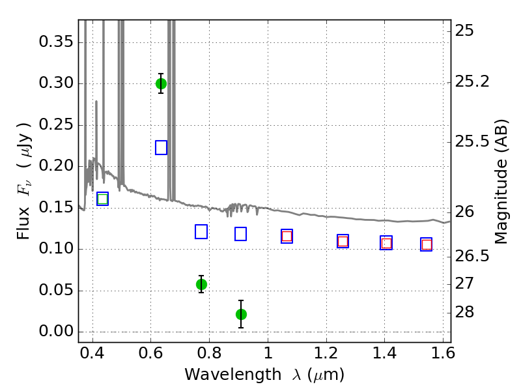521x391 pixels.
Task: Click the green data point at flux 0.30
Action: click(x=161, y=83)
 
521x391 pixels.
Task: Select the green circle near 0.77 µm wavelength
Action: click(x=201, y=284)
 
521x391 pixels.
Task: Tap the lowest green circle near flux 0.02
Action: click(x=241, y=314)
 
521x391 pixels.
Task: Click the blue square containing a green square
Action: click(x=103, y=199)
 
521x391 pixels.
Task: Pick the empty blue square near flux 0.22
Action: click(x=161, y=148)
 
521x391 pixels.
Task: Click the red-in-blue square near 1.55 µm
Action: click(x=427, y=244)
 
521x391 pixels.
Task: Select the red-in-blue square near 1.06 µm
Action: click(x=287, y=236)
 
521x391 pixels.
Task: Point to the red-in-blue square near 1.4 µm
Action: click(x=386, y=242)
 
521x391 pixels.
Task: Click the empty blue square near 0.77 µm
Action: click(x=201, y=232)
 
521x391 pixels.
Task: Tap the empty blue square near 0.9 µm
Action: click(x=240, y=234)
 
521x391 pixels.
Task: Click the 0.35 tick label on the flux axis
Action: click(x=56, y=42)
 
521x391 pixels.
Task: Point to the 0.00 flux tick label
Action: click(x=56, y=331)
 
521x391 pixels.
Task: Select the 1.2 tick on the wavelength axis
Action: click(x=326, y=353)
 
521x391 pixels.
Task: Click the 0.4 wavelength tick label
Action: click(x=92, y=353)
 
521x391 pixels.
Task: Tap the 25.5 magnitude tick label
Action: click(x=472, y=141)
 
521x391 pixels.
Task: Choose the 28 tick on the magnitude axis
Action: click(x=464, y=312)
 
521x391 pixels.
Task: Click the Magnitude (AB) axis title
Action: click(x=501, y=182)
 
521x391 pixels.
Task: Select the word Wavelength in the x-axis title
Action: click(x=233, y=375)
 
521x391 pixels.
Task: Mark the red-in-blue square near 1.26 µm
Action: click(x=343, y=241)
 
